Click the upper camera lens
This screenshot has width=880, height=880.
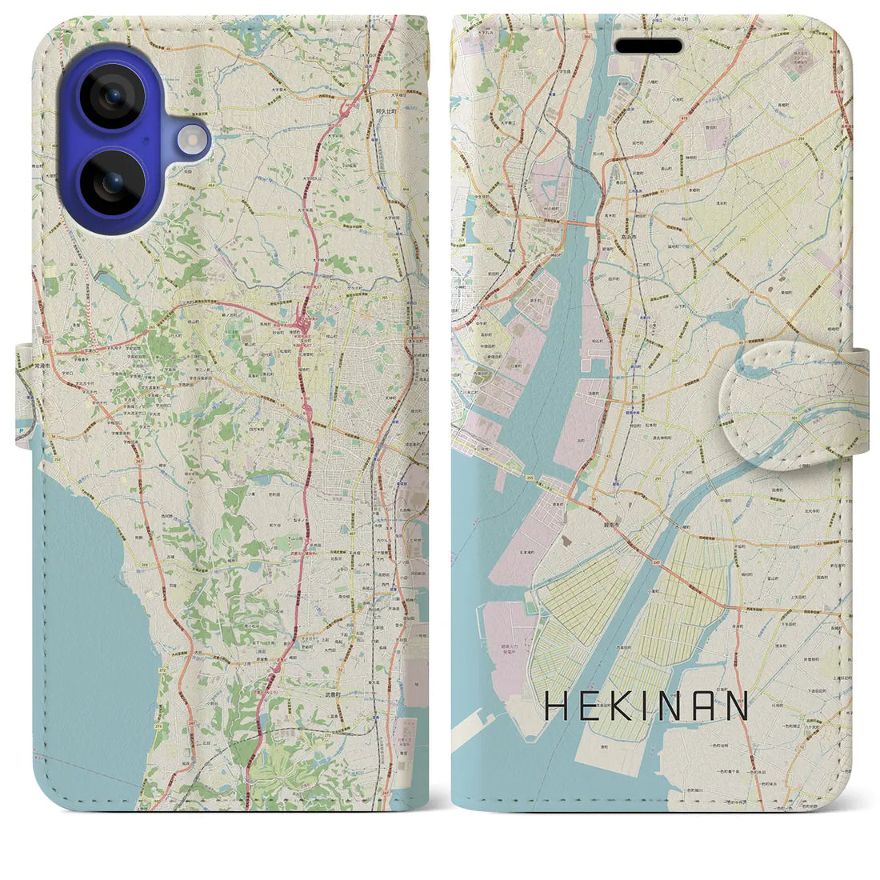[x=111, y=97]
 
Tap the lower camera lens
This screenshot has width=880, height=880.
[x=111, y=185]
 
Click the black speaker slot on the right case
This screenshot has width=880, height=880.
[x=648, y=46]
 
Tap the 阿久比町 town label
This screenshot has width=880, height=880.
[x=385, y=113]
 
